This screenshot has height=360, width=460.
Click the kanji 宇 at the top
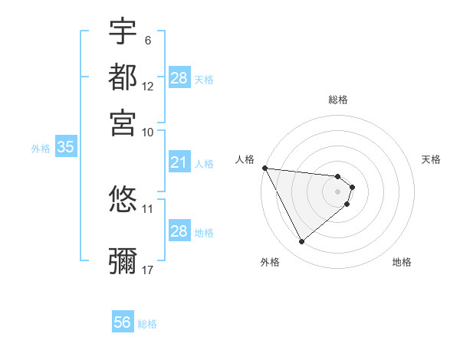click(x=123, y=31)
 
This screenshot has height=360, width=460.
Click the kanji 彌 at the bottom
click(x=123, y=260)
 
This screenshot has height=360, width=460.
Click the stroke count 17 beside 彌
click(x=148, y=270)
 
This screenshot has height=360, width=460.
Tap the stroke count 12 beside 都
click(x=148, y=86)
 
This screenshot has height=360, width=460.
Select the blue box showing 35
click(x=65, y=148)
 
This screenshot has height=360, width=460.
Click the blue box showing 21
click(x=179, y=162)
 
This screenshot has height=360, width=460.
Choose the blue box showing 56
click(x=122, y=322)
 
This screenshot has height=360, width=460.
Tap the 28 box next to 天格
click(x=179, y=78)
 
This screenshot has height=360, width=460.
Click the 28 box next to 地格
click(x=179, y=231)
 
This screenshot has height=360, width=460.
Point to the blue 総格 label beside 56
click(x=147, y=324)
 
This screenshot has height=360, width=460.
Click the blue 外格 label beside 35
click(x=41, y=149)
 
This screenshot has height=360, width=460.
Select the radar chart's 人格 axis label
click(x=245, y=159)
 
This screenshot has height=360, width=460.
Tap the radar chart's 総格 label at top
click(x=338, y=100)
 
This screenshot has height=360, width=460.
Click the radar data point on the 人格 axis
click(x=264, y=168)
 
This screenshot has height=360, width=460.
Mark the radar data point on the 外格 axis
click(x=302, y=242)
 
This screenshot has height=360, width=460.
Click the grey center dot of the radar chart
click(x=338, y=191)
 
